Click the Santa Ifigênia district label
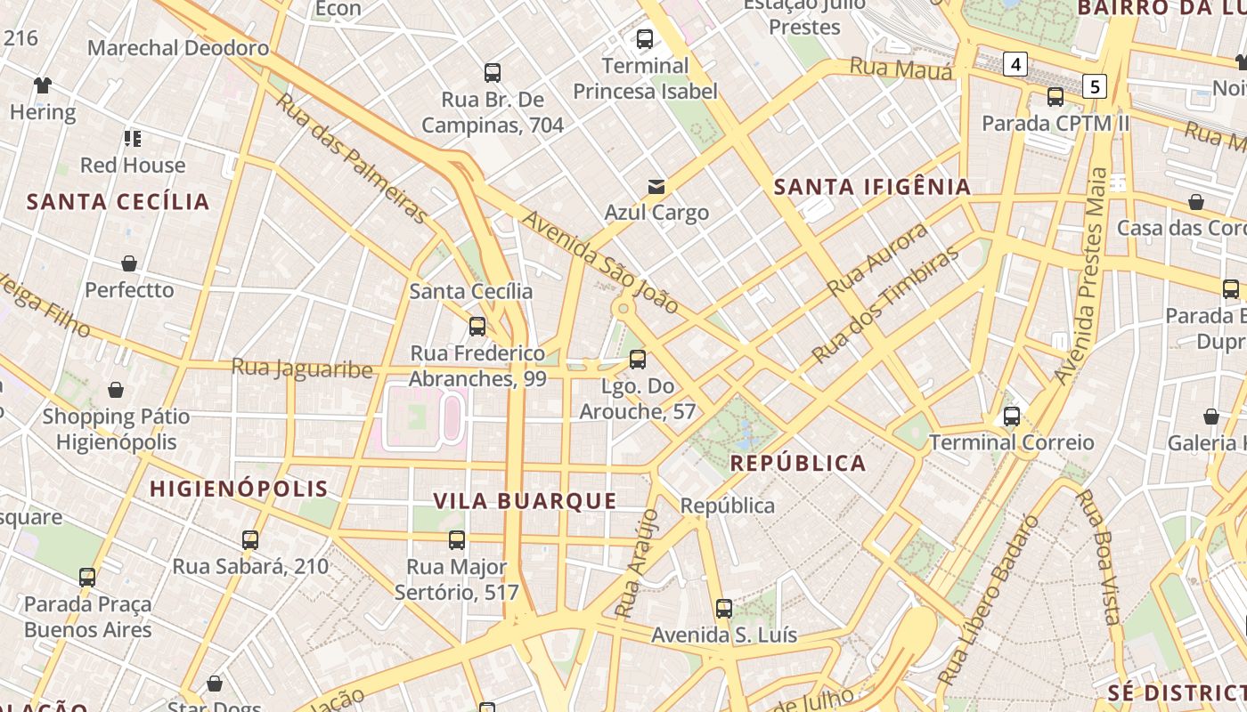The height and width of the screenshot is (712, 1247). pos(872,187)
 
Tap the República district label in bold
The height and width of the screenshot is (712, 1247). pos(797,463)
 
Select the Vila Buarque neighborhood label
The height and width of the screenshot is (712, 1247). pos(525,501)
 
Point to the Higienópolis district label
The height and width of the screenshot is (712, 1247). pos(239,489)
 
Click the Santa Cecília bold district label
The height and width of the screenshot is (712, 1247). pos(118,202)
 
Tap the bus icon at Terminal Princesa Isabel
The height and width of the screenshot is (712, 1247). pos(644,39)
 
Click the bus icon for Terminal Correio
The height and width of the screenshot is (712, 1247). pos(1011,416)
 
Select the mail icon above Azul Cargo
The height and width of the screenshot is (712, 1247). pos(656,186)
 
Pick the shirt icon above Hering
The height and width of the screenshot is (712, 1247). pos(42,85)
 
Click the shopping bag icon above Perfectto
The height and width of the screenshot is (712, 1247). pos(129,263)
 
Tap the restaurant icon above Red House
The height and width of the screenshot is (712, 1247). pos(133,138)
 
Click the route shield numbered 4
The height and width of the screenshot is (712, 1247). pos(1015,64)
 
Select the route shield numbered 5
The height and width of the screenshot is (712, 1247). pos(1095,86)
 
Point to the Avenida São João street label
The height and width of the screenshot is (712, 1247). pos(600,263)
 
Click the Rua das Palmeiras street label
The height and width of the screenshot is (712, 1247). pos(352,157)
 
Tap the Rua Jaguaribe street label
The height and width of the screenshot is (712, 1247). pos(302,367)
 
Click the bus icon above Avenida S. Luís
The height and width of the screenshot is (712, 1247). pos(723,609)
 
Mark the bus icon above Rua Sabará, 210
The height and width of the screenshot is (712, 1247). pos(250,539)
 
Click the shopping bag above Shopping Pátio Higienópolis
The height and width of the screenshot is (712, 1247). pos(116,390)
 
